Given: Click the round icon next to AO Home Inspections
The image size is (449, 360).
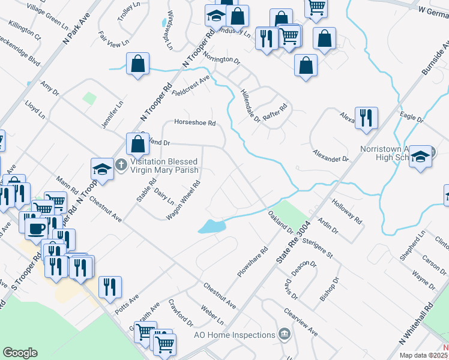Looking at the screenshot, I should (x=284, y=334).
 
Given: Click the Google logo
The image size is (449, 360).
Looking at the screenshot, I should (x=20, y=353).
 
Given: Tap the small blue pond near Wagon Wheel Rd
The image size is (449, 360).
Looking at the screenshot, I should (x=211, y=226).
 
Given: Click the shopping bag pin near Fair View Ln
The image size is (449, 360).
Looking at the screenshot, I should (x=138, y=64).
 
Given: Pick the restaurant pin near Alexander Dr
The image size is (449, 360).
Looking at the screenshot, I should (x=365, y=117).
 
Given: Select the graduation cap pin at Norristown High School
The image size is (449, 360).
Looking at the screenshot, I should (x=421, y=157).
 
